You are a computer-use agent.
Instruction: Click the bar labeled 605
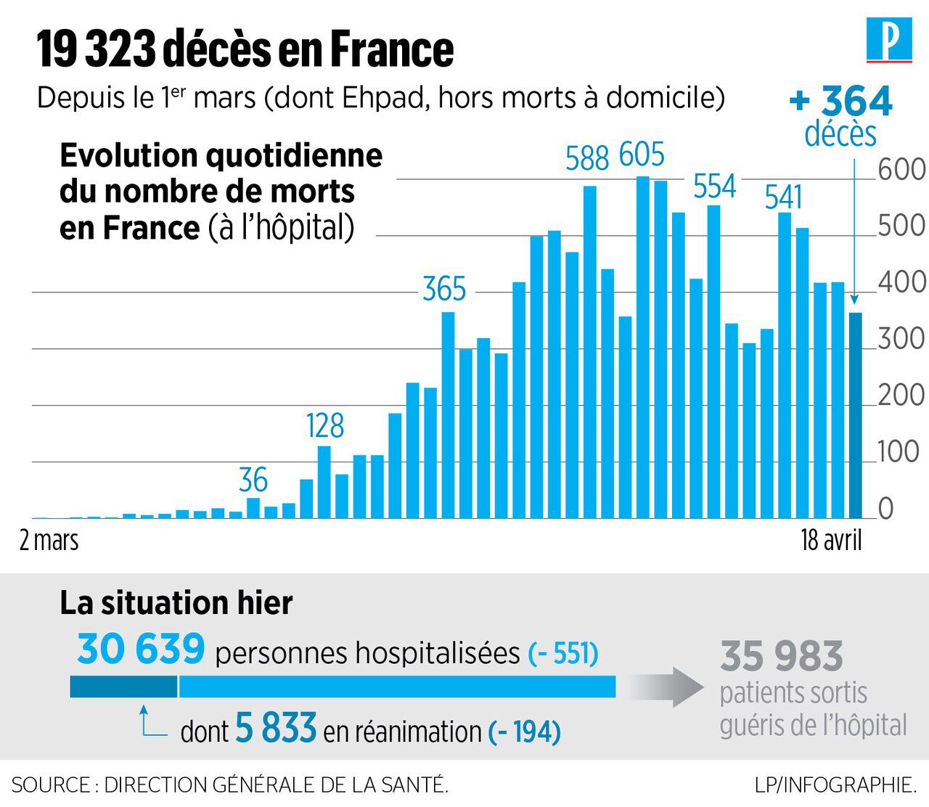point(642,348)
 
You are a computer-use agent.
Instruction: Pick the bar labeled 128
point(324,482)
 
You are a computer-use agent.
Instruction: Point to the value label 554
point(714,187)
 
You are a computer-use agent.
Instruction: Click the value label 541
point(783,197)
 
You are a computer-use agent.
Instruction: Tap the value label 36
point(253,480)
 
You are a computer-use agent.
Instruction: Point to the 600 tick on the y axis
point(901,170)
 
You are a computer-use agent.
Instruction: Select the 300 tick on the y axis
point(901,340)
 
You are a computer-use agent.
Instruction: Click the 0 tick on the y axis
point(886,509)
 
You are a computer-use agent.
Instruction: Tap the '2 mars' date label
point(49,541)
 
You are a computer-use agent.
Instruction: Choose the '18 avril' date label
point(831,541)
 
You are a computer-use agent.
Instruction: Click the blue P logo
point(889,40)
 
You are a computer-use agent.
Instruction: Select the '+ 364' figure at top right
point(841,102)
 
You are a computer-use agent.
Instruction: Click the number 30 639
point(141,649)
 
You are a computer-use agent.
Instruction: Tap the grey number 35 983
point(782,657)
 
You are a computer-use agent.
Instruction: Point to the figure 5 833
point(276,729)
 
